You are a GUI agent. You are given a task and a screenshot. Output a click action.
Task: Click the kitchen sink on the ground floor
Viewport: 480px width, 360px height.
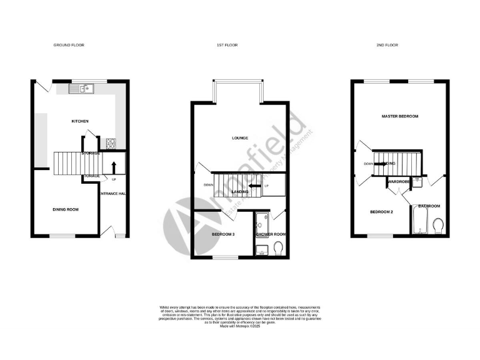click(x=81, y=89)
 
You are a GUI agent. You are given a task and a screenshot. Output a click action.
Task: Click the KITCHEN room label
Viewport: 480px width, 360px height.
click(x=79, y=121)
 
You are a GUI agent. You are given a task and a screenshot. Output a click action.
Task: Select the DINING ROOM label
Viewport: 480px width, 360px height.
click(x=65, y=209)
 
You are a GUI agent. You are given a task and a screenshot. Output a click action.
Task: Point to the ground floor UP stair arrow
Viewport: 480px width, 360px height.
click(x=114, y=166)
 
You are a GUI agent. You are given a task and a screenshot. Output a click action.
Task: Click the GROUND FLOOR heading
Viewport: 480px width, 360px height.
click(x=69, y=45)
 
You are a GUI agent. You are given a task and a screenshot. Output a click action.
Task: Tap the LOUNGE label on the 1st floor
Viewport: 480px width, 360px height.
click(x=239, y=138)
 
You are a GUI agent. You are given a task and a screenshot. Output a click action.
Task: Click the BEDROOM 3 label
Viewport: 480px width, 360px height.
click(x=224, y=234)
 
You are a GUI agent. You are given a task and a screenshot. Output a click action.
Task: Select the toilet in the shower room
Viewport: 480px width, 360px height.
click(x=279, y=250)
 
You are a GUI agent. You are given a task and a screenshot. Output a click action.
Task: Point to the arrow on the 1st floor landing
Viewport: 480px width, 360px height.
click(x=254, y=186)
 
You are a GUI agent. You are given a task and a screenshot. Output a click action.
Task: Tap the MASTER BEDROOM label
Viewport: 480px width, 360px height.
click(x=400, y=117)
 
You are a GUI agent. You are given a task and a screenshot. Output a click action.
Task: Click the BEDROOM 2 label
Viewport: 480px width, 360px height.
click(x=381, y=212)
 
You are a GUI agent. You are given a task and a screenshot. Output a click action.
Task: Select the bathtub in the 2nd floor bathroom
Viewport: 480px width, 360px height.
click(x=419, y=222)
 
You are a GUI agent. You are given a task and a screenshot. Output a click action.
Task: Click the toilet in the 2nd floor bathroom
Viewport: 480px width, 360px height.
click(x=438, y=224)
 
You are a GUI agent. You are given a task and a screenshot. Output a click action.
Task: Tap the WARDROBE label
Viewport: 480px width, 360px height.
click(x=399, y=182)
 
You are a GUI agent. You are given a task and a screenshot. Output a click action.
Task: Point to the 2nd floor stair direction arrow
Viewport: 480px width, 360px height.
click(x=381, y=164)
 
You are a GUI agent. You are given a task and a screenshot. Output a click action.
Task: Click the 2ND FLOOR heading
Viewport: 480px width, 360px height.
click(x=388, y=45)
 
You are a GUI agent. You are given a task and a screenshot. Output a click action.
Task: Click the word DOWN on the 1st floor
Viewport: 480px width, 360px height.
click(x=208, y=185)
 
